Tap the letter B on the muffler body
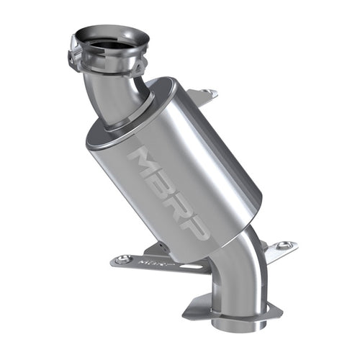point(164,180)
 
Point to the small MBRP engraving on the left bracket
point(150,266)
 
